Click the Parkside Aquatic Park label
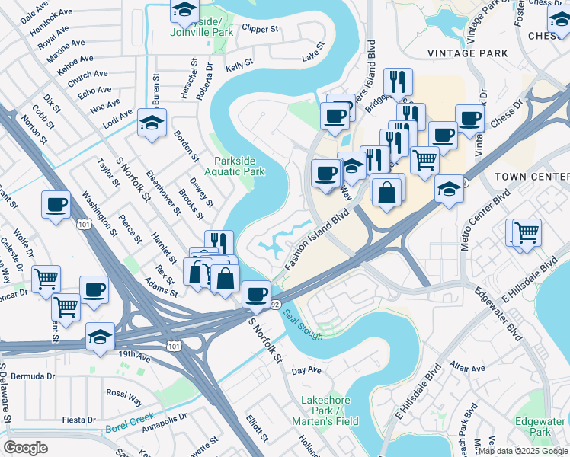click(239, 166)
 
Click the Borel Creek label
click(130, 429)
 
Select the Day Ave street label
click(307, 371)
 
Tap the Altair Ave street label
click(467, 368)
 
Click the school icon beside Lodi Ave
click(152, 123)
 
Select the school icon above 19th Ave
click(100, 337)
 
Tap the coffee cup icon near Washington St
click(57, 205)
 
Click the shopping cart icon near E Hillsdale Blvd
click(526, 232)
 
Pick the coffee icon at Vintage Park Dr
click(469, 118)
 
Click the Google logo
click(27, 447)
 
